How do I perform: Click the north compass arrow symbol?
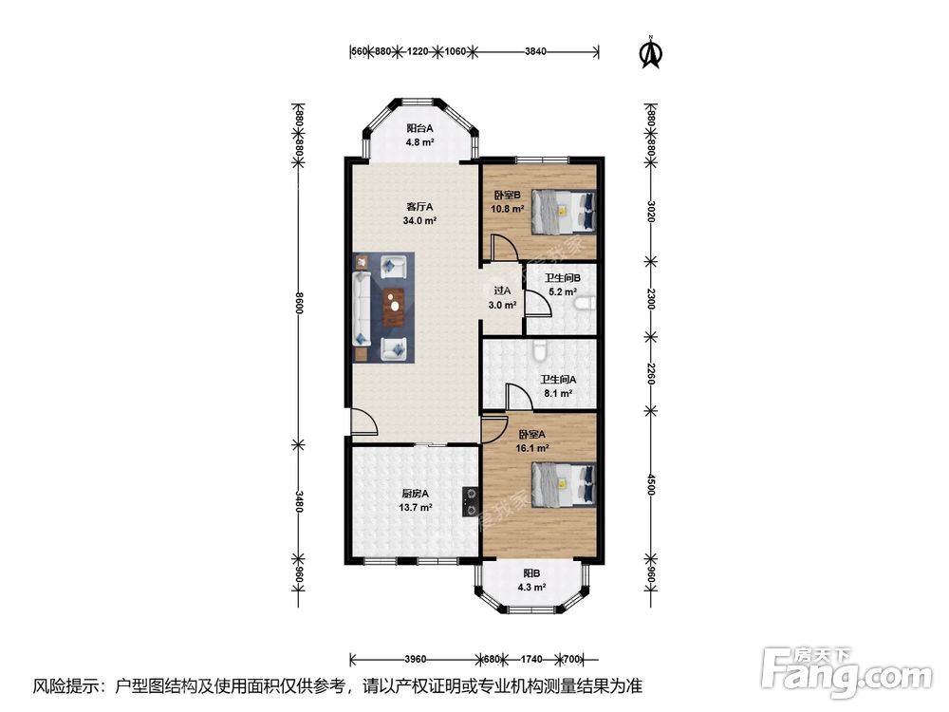[651, 52]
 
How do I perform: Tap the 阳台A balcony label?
[419, 128]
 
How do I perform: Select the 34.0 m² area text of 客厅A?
[419, 221]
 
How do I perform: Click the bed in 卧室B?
[564, 212]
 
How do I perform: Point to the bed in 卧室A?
[564, 484]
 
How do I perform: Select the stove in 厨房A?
[470, 502]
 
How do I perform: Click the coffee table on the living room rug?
[395, 307]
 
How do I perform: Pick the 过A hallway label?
[502, 291]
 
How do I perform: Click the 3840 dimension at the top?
[535, 51]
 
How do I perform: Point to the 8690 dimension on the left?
[298, 302]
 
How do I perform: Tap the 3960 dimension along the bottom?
[416, 659]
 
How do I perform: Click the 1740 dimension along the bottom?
[531, 659]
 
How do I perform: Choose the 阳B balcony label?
[532, 573]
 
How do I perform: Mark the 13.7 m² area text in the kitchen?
[416, 508]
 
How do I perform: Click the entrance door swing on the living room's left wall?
[363, 422]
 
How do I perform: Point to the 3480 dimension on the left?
[298, 501]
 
